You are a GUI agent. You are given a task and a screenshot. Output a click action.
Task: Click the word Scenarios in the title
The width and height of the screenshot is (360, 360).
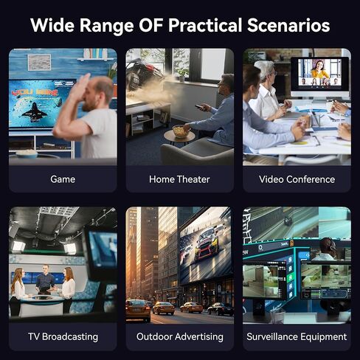click(x=288, y=25)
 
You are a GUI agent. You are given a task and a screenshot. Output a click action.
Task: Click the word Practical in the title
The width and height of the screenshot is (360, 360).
click(x=205, y=26)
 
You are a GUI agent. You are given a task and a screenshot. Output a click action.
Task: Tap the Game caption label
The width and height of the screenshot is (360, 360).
click(x=63, y=179)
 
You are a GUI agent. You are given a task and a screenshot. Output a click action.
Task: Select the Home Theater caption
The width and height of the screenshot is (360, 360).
click(x=179, y=179)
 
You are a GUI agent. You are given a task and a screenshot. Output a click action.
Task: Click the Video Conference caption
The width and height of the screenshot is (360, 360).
click(x=297, y=179)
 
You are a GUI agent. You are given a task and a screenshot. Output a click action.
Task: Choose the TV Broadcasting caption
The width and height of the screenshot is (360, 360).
click(x=63, y=336)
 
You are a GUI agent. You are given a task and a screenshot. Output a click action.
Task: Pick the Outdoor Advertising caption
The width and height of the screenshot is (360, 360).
click(x=180, y=336)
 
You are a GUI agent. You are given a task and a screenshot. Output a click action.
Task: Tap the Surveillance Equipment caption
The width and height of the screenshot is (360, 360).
click(x=297, y=336)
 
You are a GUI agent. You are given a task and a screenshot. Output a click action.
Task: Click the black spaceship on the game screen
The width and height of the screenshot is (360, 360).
click(x=35, y=112)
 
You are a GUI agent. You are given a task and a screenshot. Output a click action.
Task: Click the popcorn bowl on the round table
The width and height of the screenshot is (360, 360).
click(x=181, y=131)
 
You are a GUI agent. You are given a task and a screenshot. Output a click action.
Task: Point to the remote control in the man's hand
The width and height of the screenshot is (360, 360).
click(x=200, y=107)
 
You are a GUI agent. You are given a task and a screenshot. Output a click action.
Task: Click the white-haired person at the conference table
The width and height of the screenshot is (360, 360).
click(x=267, y=90)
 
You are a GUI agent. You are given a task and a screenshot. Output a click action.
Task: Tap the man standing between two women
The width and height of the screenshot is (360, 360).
click(x=44, y=280)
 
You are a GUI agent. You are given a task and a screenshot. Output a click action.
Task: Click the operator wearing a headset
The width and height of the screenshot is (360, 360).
click(x=325, y=249)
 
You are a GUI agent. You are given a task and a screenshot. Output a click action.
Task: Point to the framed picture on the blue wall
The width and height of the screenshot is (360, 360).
click(x=39, y=62)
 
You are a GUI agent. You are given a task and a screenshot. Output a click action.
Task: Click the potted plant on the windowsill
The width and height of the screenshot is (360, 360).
click(x=182, y=74)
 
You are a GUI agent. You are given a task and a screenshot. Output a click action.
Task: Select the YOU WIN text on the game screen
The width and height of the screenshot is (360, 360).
click(x=35, y=92)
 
